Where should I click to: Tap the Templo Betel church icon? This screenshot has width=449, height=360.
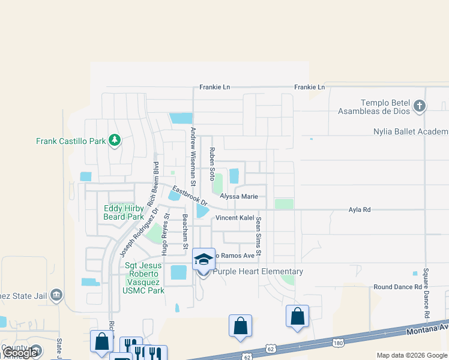click(420, 107)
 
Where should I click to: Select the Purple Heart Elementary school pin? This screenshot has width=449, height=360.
click(203, 260)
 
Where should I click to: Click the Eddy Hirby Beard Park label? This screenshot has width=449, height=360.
click(124, 212)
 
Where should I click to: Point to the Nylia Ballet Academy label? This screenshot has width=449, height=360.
click(411, 131)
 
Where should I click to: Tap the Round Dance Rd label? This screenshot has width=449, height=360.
click(397, 287)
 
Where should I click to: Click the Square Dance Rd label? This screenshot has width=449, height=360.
click(427, 293)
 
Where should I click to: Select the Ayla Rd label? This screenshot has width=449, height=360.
click(360, 209)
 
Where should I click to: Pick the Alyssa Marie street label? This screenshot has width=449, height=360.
click(239, 196)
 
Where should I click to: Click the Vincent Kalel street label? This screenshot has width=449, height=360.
click(235, 217)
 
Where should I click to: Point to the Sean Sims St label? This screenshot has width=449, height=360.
click(259, 237)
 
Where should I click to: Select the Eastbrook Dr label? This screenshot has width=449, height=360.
click(189, 194)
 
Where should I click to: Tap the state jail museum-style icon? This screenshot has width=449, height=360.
click(56, 295)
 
